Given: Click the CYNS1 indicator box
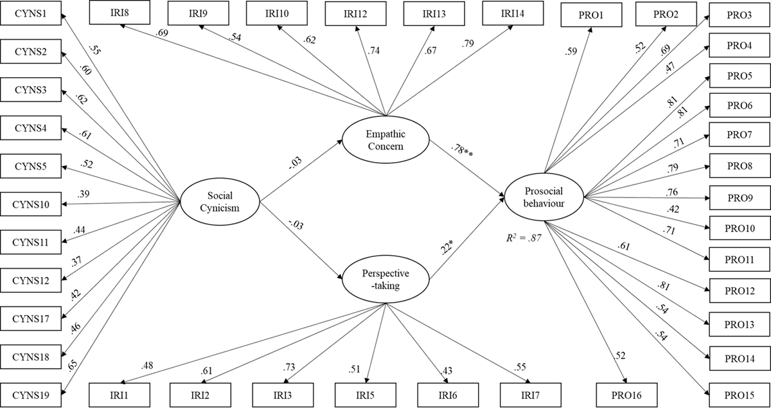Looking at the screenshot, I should coord(30,12).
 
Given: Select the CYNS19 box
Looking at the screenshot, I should coord(30,390).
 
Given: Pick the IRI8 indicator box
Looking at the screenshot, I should coord(120,13).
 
